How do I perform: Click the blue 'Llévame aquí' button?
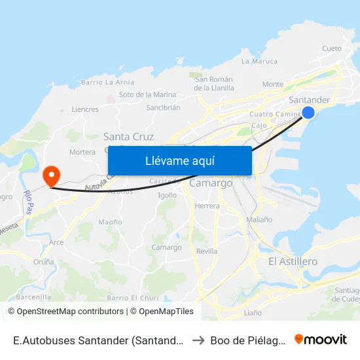(179, 160)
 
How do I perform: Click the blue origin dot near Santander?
(308, 113)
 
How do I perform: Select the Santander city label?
(309, 100)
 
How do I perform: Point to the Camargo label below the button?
(211, 183)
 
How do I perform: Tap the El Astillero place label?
(293, 261)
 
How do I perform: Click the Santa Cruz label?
(129, 137)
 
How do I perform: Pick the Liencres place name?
(85, 109)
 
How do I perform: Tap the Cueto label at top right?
(332, 48)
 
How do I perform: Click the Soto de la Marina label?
(148, 94)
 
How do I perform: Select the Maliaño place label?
(259, 219)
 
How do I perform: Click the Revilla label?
(206, 251)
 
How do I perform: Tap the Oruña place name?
(44, 261)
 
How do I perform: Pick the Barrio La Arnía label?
(108, 82)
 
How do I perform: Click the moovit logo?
(321, 339)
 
